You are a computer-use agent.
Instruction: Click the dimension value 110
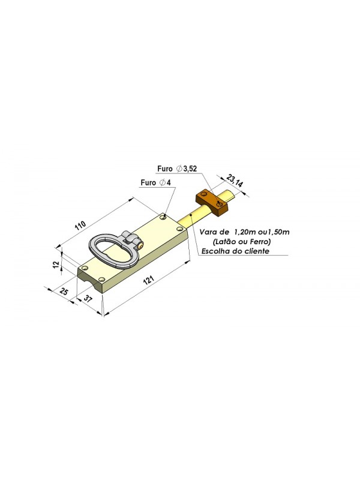[x=80, y=226]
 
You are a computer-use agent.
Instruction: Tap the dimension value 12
[x=56, y=264]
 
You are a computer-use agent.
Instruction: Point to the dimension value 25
[x=64, y=291]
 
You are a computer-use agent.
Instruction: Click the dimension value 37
[x=88, y=299]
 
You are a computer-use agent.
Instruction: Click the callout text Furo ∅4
[x=155, y=183]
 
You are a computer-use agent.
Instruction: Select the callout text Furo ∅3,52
[x=177, y=169]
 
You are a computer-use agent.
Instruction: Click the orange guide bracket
[x=212, y=203]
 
